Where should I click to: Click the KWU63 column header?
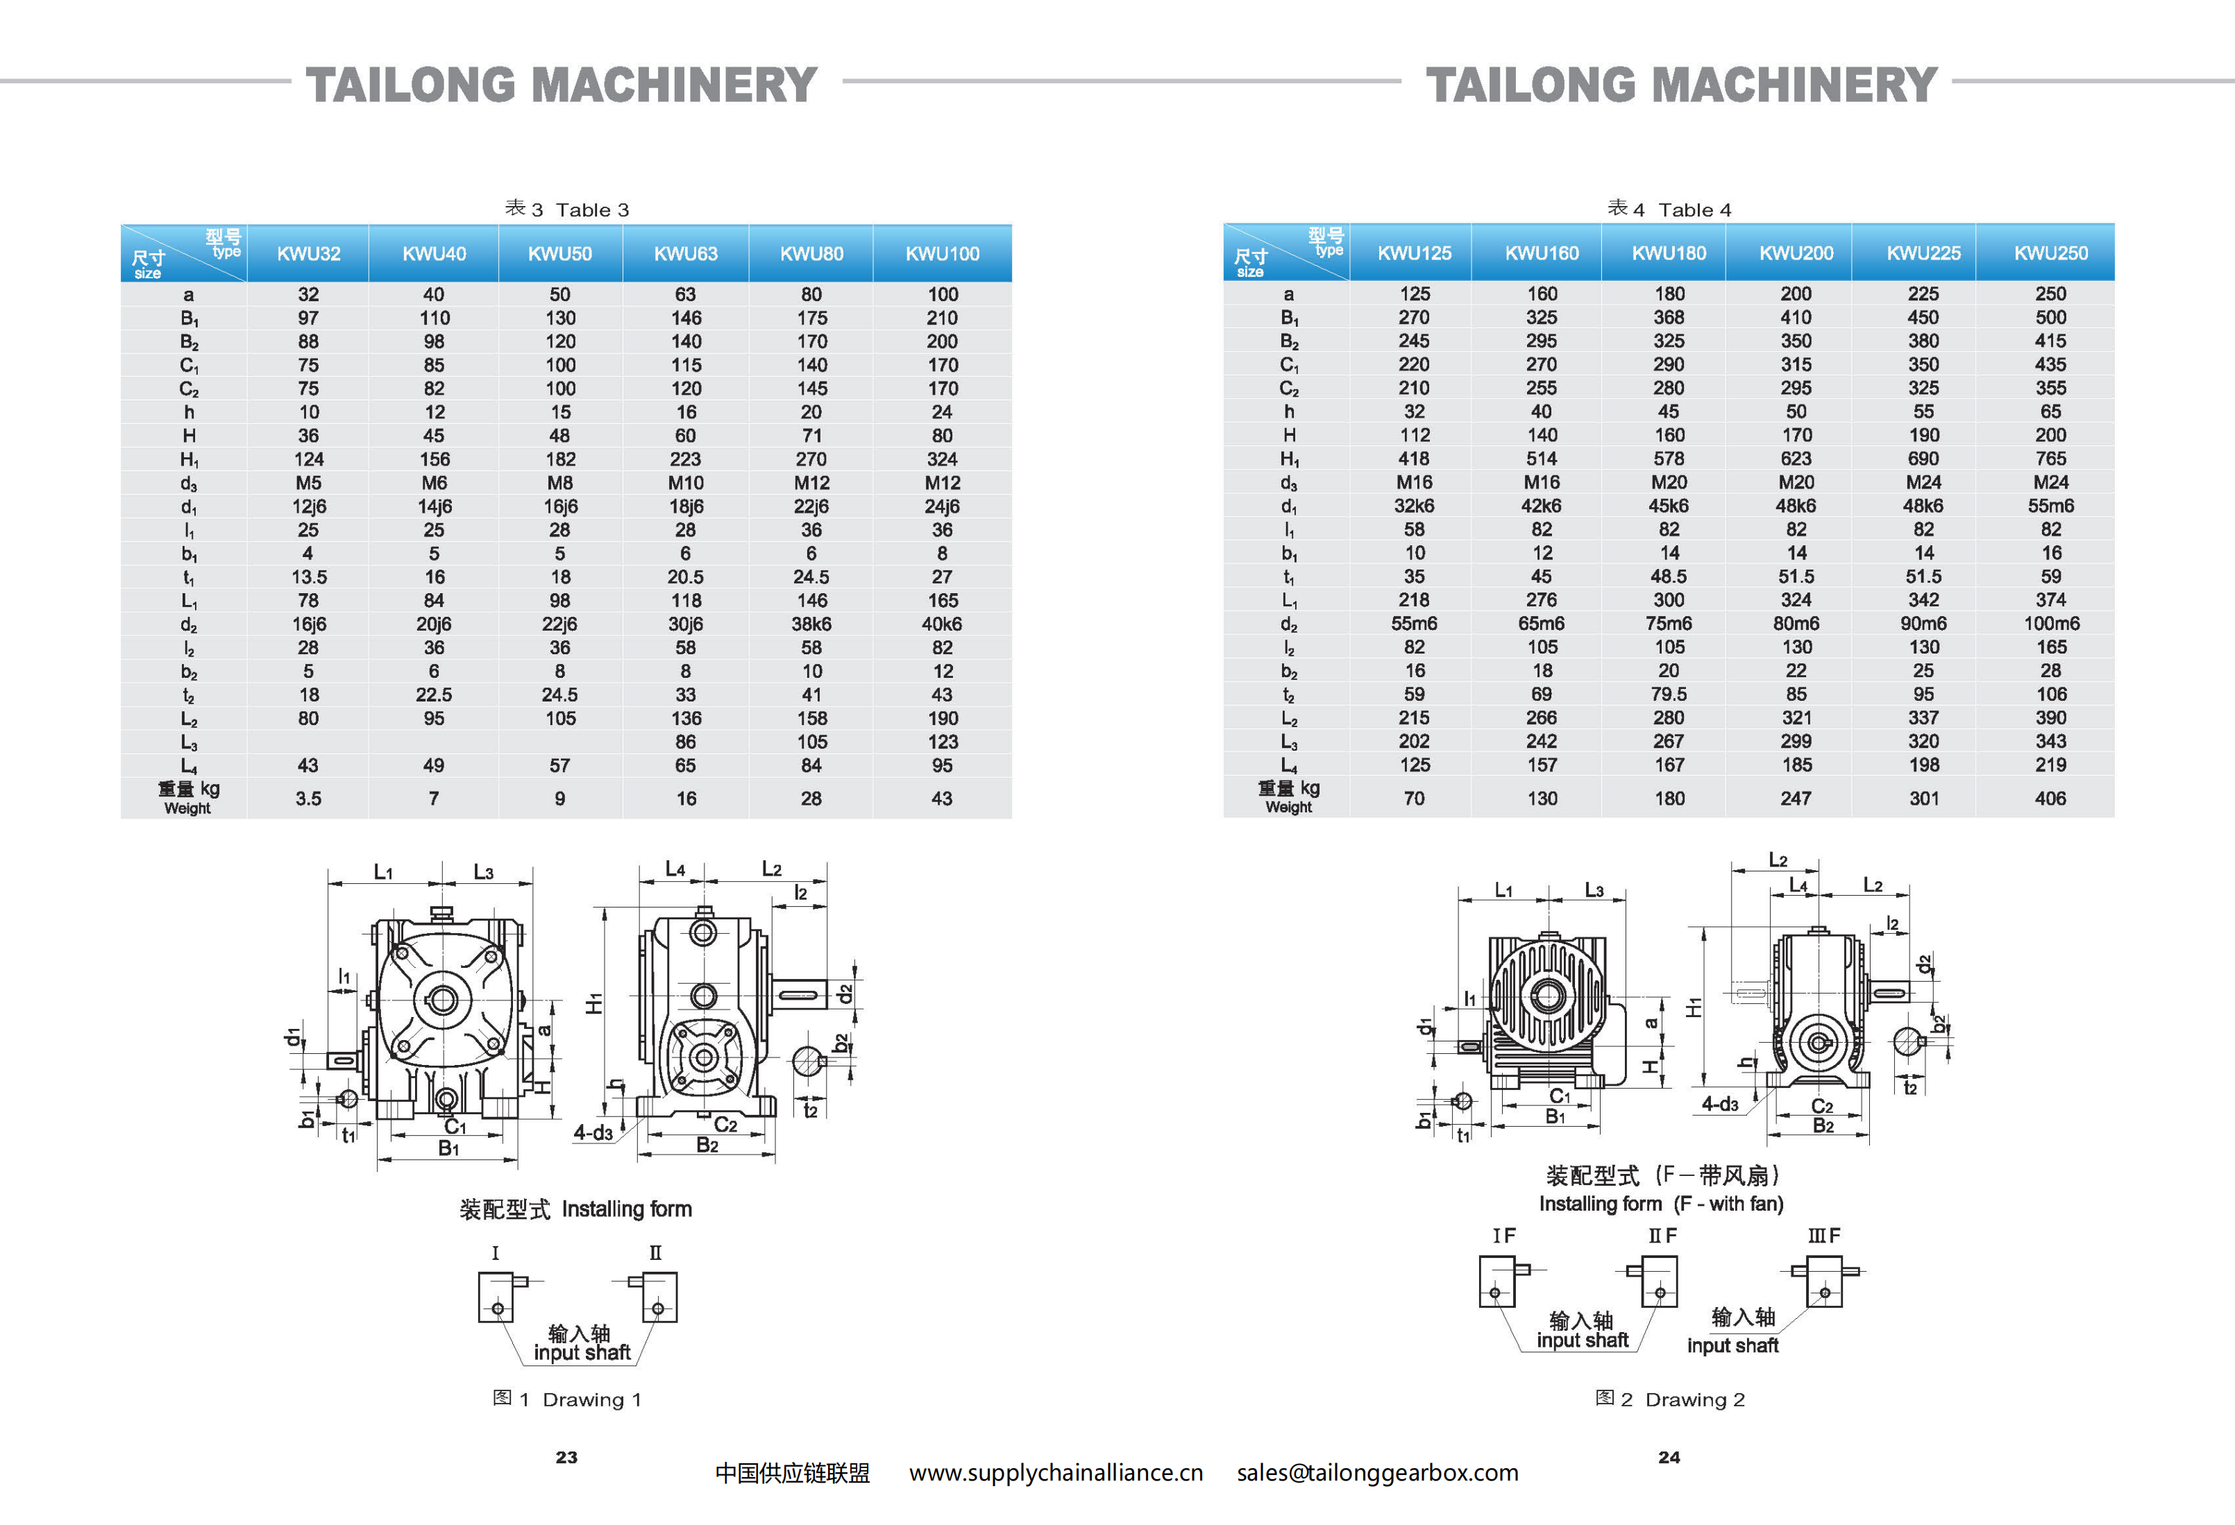pyautogui.click(x=686, y=254)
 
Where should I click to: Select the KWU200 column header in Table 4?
pyautogui.click(x=1796, y=253)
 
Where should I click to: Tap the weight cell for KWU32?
pyautogui.click(x=307, y=798)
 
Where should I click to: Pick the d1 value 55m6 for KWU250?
pyautogui.click(x=2050, y=506)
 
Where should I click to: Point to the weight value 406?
pyautogui.click(x=2050, y=798)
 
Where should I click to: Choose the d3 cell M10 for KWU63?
pyautogui.click(x=686, y=483)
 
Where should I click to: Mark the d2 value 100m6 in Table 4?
pyautogui.click(x=2051, y=623)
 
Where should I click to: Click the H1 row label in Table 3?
pyautogui.click(x=189, y=459)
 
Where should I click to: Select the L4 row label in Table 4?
pyautogui.click(x=1289, y=765)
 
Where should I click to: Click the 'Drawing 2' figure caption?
pyautogui.click(x=1671, y=1399)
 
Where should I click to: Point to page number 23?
pyautogui.click(x=566, y=1457)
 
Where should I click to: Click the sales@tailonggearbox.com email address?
pyautogui.click(x=1377, y=1472)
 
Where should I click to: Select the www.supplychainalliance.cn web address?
pyautogui.click(x=1056, y=1472)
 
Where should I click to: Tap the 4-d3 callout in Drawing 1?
pyautogui.click(x=592, y=1133)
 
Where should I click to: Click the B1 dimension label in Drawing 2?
pyautogui.click(x=1554, y=1116)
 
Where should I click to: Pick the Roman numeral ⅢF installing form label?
pyautogui.click(x=1823, y=1236)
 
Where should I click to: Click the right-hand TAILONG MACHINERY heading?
pyautogui.click(x=1681, y=85)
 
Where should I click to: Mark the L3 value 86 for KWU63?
pyautogui.click(x=686, y=742)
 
